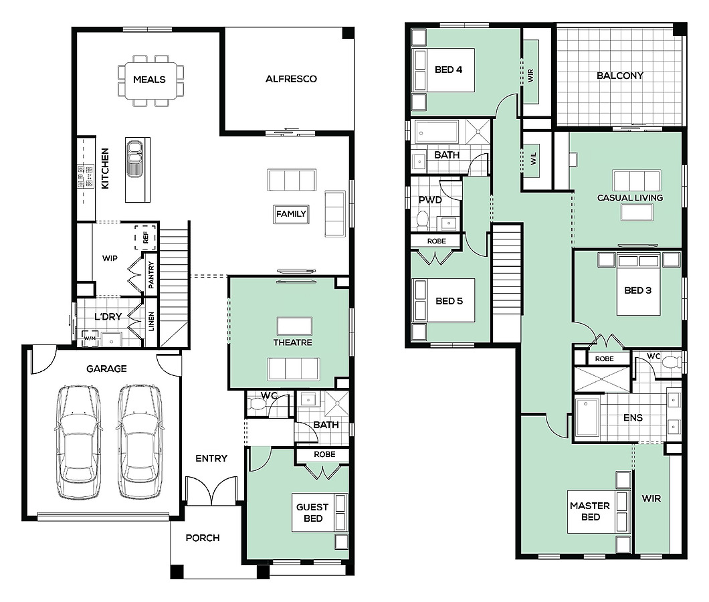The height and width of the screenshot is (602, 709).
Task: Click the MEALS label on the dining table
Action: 149,80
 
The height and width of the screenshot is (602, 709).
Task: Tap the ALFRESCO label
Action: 291,79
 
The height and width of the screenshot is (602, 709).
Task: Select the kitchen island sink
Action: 134,158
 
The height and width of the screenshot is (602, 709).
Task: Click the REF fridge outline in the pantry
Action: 145,237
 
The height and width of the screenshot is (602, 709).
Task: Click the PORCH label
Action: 203,538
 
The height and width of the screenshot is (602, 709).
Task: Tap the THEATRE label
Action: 292,342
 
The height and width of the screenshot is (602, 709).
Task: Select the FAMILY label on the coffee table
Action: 291,214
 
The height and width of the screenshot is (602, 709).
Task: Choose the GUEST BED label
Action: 312,512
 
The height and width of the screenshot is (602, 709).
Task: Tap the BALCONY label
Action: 619,76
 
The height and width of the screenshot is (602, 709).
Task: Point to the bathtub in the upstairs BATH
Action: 437,132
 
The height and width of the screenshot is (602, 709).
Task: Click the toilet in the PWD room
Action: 423,220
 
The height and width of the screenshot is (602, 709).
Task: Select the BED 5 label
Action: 449,301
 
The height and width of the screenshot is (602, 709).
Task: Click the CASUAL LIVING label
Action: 630,197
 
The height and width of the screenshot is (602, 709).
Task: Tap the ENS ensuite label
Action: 633,417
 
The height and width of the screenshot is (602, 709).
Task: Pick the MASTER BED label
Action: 590,511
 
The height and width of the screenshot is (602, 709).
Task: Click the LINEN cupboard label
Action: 151,321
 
